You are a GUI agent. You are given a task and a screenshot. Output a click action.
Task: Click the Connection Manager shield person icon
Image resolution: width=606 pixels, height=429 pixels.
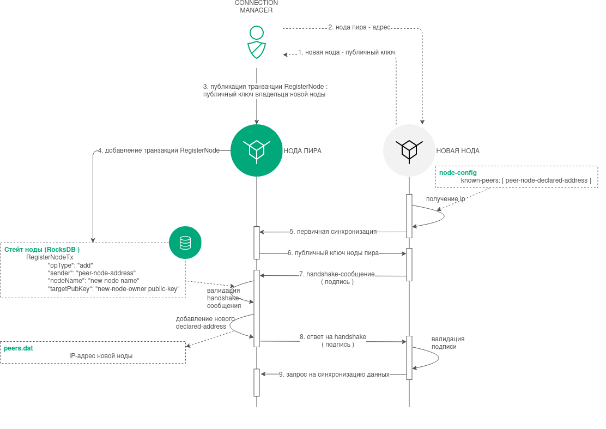point(256,42)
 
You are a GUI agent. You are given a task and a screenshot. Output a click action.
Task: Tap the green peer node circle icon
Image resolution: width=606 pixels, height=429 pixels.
point(256,150)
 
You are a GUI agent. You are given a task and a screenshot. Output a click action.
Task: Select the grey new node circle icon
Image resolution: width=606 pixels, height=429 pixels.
point(409,150)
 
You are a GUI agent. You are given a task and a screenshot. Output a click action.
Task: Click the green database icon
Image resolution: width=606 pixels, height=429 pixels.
point(185,242)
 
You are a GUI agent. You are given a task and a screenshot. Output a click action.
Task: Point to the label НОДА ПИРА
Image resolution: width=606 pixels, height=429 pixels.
point(302,151)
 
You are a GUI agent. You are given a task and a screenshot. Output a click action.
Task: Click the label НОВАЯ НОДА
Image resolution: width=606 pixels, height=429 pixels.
point(458,151)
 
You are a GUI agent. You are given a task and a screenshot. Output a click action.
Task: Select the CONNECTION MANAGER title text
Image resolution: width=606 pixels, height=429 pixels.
point(256,7)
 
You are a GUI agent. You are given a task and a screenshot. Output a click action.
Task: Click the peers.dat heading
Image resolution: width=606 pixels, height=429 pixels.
point(19,348)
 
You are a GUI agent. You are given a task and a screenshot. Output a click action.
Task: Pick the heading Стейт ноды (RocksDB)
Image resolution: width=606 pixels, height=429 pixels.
point(42,250)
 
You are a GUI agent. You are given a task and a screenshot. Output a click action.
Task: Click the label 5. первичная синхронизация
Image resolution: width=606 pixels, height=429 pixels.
point(333,232)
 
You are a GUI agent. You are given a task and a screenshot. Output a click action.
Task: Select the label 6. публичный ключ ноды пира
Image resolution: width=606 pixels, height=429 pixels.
point(333,253)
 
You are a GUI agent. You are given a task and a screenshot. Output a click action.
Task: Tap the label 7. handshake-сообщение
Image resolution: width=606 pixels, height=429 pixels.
point(337,274)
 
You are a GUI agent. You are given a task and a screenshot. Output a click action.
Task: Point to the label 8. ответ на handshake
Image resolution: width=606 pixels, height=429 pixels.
point(332,337)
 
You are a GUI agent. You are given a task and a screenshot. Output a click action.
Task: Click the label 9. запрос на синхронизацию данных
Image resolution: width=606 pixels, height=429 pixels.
point(334,374)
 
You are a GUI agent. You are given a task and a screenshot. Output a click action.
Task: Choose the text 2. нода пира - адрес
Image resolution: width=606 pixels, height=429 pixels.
point(359,27)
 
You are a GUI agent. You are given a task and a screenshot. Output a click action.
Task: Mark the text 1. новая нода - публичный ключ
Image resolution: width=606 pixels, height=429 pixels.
point(347,52)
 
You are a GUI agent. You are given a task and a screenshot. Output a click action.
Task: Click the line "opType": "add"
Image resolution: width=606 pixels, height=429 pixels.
point(70,265)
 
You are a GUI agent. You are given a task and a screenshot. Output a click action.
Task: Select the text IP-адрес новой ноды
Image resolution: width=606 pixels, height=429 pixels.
point(101,356)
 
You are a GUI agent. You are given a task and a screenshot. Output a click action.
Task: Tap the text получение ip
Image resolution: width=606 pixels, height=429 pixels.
point(445,199)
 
